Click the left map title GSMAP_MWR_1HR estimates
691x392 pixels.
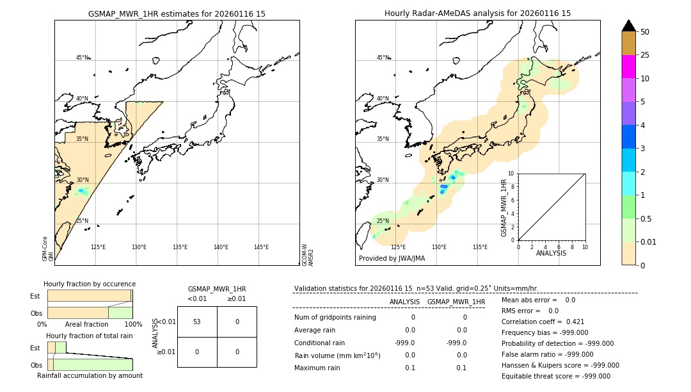pyautogui.click(x=177, y=13)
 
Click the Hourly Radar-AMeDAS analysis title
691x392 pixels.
pyautogui.click(x=477, y=13)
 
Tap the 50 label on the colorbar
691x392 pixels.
pyautogui.click(x=645, y=32)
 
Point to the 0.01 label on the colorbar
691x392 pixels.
pyautogui.click(x=649, y=241)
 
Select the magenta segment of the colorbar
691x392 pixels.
pyautogui.click(x=628, y=67)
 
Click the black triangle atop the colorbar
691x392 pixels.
pyautogui.click(x=628, y=26)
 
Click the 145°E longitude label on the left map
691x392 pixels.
pyautogui.click(x=261, y=247)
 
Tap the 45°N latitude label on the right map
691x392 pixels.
pyautogui.click(x=383, y=58)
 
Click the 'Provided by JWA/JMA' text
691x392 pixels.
pyautogui.click(x=392, y=259)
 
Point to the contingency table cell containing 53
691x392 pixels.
pyautogui.click(x=197, y=322)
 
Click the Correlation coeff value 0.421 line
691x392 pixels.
pyautogui.click(x=543, y=322)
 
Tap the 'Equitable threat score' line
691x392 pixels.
pyautogui.click(x=555, y=376)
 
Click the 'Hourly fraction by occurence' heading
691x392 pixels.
pyautogui.click(x=90, y=284)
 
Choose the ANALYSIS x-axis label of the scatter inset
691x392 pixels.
pyautogui.click(x=551, y=253)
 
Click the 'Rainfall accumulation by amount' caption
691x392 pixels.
pyautogui.click(x=90, y=376)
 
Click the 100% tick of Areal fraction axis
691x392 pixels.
pyautogui.click(x=132, y=325)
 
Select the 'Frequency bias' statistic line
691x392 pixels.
pyautogui.click(x=544, y=332)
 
